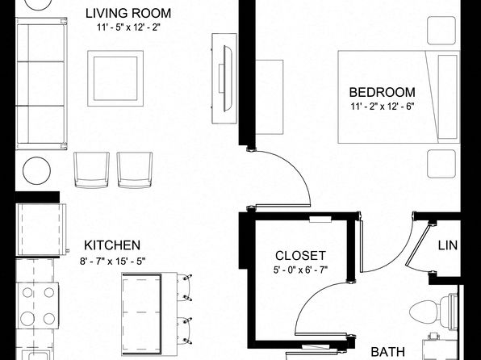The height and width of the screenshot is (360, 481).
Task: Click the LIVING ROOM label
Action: [x=128, y=14]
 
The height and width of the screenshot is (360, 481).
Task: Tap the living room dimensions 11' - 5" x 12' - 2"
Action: [x=129, y=27]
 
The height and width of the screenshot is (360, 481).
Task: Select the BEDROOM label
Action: [x=383, y=92]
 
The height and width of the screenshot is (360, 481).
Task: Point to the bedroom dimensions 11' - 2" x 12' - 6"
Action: [x=383, y=107]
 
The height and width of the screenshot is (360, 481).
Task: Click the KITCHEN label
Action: [x=112, y=245]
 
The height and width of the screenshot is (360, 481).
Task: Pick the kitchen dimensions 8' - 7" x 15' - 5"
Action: [x=112, y=262]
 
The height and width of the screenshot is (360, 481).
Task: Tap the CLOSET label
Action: [x=300, y=256]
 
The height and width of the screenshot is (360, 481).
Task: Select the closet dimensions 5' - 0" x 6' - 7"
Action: [x=300, y=270]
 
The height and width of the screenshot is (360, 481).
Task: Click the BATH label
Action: [x=387, y=352]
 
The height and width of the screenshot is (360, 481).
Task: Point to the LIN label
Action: [x=448, y=245]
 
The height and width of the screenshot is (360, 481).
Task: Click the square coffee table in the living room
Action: [x=115, y=78]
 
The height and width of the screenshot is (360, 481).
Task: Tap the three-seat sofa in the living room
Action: [x=41, y=83]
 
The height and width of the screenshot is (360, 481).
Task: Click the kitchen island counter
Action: [x=149, y=314]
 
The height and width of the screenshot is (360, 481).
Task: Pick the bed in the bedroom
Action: [x=399, y=97]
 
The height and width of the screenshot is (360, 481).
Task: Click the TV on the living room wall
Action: [x=228, y=78]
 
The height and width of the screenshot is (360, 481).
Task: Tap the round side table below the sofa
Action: [x=37, y=170]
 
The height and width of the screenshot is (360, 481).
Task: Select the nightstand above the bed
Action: [x=441, y=31]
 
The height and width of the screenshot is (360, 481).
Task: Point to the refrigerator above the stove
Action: [x=41, y=229]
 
